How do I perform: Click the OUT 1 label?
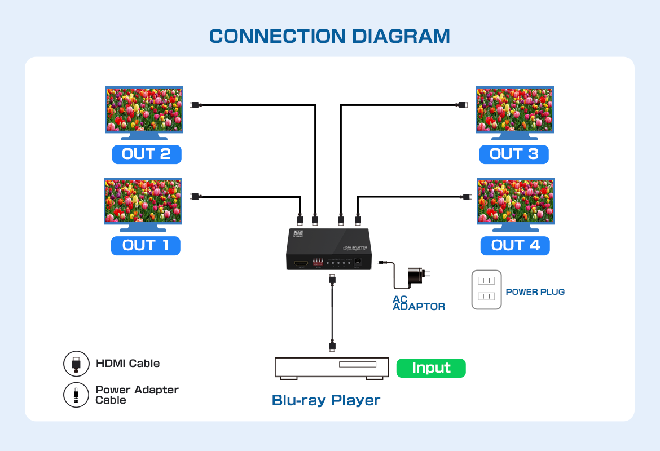(x=146, y=245)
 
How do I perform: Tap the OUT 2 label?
(x=147, y=154)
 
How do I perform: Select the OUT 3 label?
(x=514, y=154)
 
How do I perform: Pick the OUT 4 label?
(x=515, y=245)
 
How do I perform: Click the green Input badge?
(x=431, y=368)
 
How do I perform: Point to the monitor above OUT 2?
(x=144, y=110)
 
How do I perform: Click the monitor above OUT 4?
(x=516, y=201)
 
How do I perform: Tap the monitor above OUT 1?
(x=143, y=201)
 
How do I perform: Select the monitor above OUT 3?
(x=514, y=110)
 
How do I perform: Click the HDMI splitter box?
(x=328, y=249)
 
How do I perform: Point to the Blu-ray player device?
(x=332, y=368)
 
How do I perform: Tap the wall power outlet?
(x=486, y=289)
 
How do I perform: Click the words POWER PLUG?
(x=535, y=292)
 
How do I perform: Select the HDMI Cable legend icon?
(x=76, y=364)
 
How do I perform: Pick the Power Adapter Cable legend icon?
(x=76, y=395)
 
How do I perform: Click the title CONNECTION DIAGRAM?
(x=329, y=36)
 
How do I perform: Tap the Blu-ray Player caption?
(x=326, y=400)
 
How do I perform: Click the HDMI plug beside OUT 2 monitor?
(x=195, y=105)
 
